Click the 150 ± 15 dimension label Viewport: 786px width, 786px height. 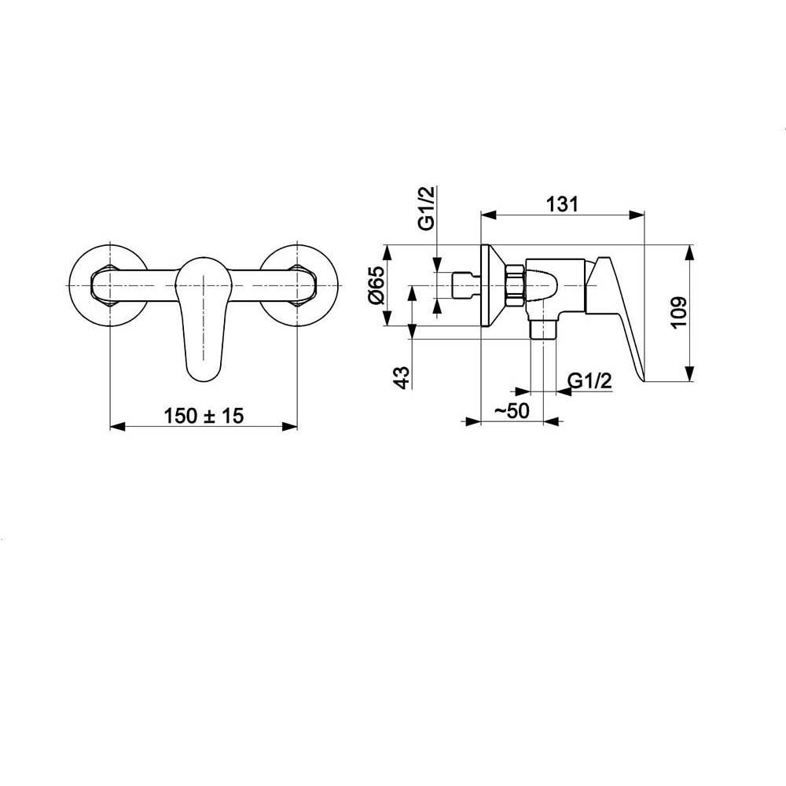(204, 416)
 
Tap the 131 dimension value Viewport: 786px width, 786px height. (562, 204)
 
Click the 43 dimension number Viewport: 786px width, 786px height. (402, 377)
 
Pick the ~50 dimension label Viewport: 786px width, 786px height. (512, 410)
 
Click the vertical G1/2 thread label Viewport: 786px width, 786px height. (426, 208)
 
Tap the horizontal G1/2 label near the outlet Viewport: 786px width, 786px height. (590, 381)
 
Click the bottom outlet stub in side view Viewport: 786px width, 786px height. (543, 329)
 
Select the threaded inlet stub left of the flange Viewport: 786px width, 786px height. (466, 286)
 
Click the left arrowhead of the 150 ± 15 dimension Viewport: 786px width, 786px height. (117, 427)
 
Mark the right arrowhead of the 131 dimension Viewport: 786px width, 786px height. (637, 215)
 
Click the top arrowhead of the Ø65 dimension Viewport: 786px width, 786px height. (387, 252)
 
